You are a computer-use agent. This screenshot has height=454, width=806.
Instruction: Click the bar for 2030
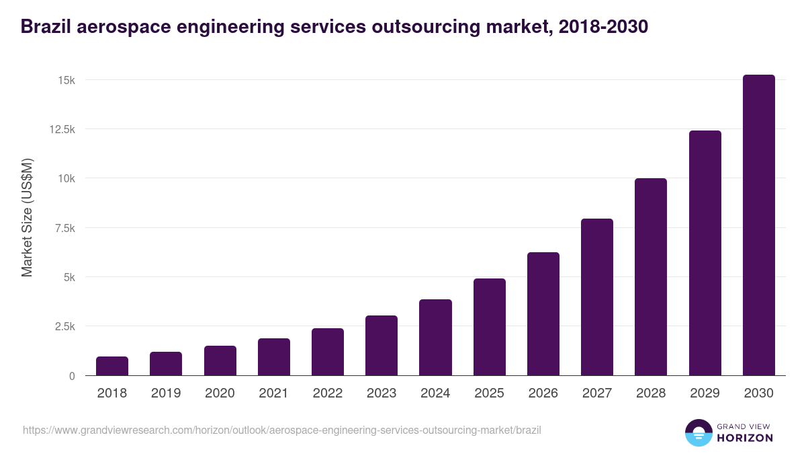(x=758, y=225)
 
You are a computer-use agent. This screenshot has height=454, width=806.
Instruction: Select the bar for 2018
(x=112, y=366)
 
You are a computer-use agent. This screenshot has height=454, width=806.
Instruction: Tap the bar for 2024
(x=435, y=338)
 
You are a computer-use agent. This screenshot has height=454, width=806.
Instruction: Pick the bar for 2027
(x=596, y=297)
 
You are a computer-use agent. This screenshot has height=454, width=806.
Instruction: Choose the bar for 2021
(x=274, y=357)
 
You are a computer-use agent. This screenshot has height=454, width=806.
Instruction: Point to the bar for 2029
(x=705, y=253)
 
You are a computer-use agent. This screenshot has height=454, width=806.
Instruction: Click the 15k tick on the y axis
(x=66, y=80)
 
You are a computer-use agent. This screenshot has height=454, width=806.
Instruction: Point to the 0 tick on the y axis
(x=72, y=376)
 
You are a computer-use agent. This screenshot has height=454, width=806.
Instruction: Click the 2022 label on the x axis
(x=327, y=393)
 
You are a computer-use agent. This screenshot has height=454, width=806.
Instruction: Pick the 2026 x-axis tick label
(x=543, y=393)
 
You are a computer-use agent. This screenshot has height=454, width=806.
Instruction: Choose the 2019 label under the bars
(x=166, y=393)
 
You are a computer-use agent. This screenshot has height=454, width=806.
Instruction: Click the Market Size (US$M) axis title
(x=27, y=217)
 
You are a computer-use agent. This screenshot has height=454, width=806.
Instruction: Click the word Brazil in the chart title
(x=45, y=27)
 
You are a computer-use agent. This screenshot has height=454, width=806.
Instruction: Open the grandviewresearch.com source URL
(x=281, y=430)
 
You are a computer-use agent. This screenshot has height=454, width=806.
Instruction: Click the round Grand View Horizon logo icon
(x=698, y=432)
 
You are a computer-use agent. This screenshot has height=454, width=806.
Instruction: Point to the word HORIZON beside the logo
(x=744, y=438)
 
